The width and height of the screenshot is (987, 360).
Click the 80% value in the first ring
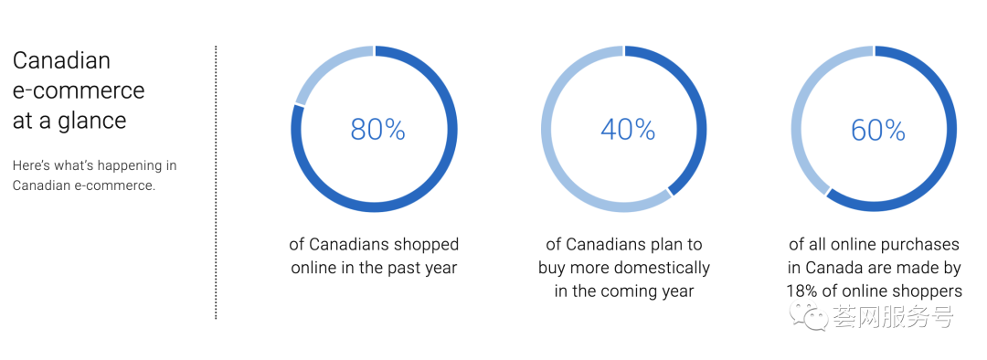click(377, 130)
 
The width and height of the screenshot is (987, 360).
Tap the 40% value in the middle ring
click(628, 130)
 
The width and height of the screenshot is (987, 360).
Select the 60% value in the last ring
click(878, 130)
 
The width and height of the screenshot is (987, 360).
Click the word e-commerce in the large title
click(79, 90)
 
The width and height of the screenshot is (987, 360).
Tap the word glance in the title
click(92, 121)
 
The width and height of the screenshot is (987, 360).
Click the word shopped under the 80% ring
click(428, 245)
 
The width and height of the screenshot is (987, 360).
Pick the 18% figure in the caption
click(801, 291)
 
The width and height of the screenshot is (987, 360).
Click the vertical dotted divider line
click(216, 182)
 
